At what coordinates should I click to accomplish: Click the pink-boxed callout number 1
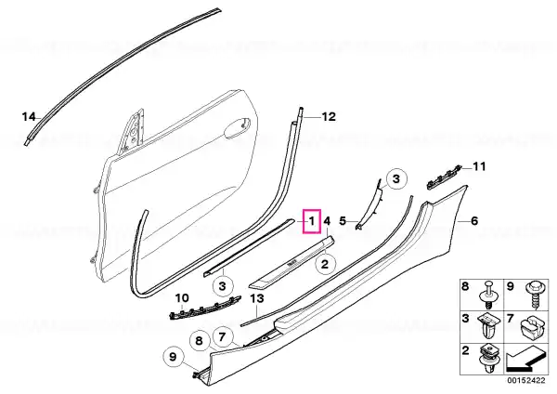click(312, 221)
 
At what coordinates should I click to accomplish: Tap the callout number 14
click(29, 117)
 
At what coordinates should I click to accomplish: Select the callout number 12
click(329, 117)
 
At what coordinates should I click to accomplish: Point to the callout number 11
click(479, 166)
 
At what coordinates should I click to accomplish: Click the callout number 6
click(474, 221)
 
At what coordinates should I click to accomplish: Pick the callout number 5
click(343, 221)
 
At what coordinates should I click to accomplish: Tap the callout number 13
click(257, 298)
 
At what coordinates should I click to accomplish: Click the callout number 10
click(182, 298)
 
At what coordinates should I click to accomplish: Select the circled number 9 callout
click(173, 357)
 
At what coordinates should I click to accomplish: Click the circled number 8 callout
click(199, 341)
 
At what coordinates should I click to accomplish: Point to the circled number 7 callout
click(223, 336)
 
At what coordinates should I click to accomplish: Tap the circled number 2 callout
click(325, 264)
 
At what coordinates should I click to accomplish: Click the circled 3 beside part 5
click(396, 178)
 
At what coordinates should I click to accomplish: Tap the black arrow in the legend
click(525, 361)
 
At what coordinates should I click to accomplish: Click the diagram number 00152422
click(525, 380)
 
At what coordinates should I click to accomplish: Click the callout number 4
click(327, 221)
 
